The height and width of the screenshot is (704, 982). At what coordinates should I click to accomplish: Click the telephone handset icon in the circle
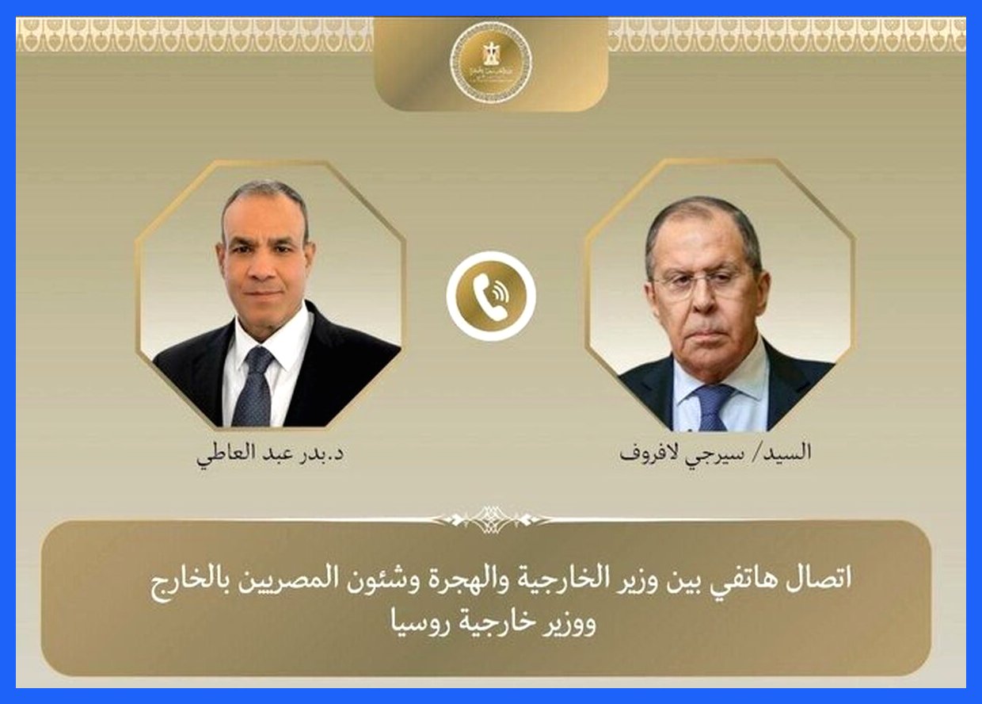[x=491, y=296]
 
